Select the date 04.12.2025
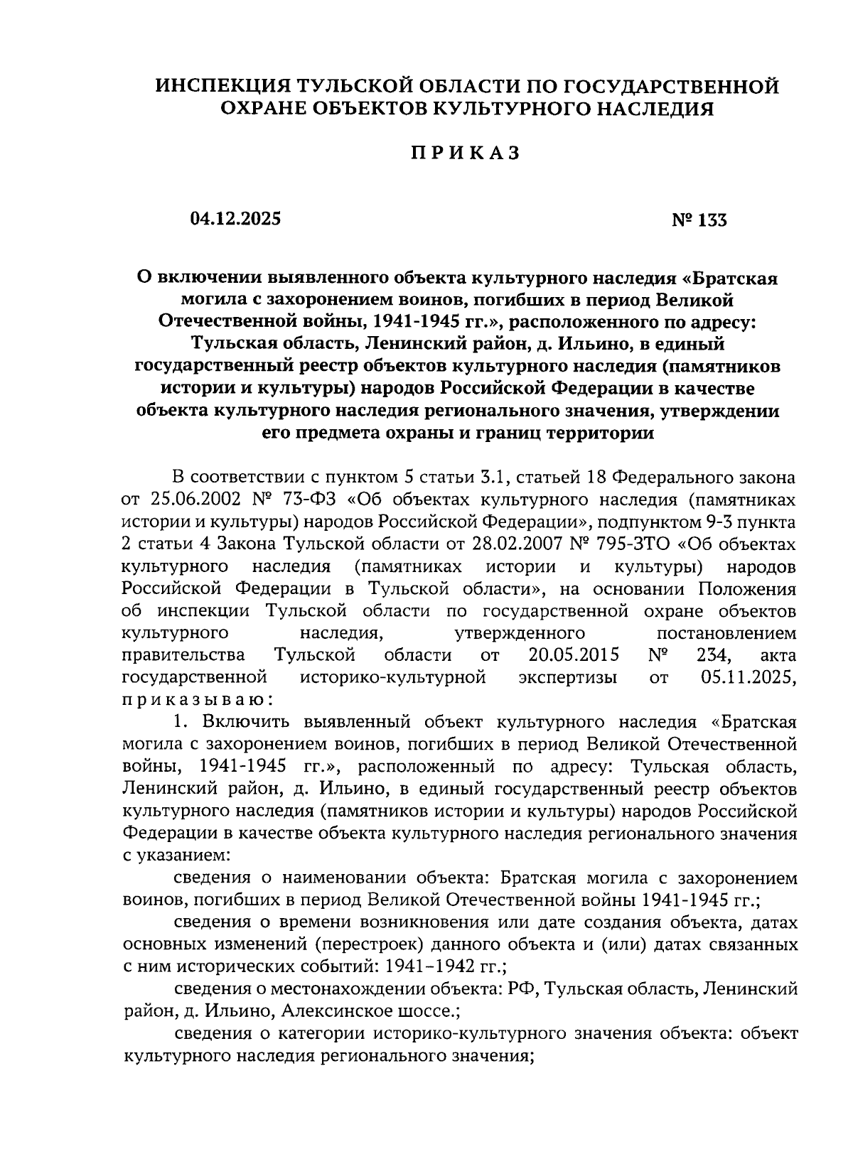tap(235, 218)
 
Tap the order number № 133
tap(699, 220)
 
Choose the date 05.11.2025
tap(748, 677)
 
